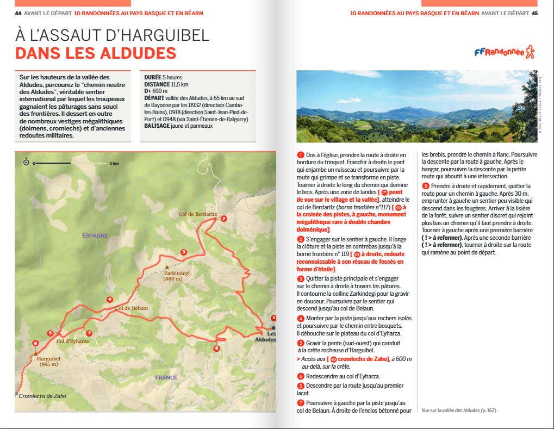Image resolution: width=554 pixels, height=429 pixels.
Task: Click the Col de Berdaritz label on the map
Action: point(198,214)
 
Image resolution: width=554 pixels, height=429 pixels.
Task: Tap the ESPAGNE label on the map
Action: point(95,235)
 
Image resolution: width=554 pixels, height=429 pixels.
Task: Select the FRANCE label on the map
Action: point(166,377)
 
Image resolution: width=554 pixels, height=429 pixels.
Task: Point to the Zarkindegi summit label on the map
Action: point(177,274)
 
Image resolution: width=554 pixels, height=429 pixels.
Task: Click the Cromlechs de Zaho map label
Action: point(42,396)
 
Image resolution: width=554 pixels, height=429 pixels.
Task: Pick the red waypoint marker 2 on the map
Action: point(223,219)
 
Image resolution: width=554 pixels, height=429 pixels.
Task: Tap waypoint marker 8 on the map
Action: point(216,349)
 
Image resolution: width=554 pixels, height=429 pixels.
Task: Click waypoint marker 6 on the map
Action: point(36,343)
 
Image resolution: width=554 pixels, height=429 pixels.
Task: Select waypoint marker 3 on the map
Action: point(184,252)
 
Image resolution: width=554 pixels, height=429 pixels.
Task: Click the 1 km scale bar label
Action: point(114,163)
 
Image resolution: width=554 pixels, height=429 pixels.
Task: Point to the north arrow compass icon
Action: point(26,162)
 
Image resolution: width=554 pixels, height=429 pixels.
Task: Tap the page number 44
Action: point(18,13)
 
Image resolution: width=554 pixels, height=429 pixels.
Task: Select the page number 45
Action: point(534,13)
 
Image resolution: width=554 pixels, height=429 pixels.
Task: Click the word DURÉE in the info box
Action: point(153,77)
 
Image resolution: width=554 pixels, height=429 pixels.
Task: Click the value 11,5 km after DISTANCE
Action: point(179,84)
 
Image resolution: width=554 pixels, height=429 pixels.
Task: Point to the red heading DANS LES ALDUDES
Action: point(96,53)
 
